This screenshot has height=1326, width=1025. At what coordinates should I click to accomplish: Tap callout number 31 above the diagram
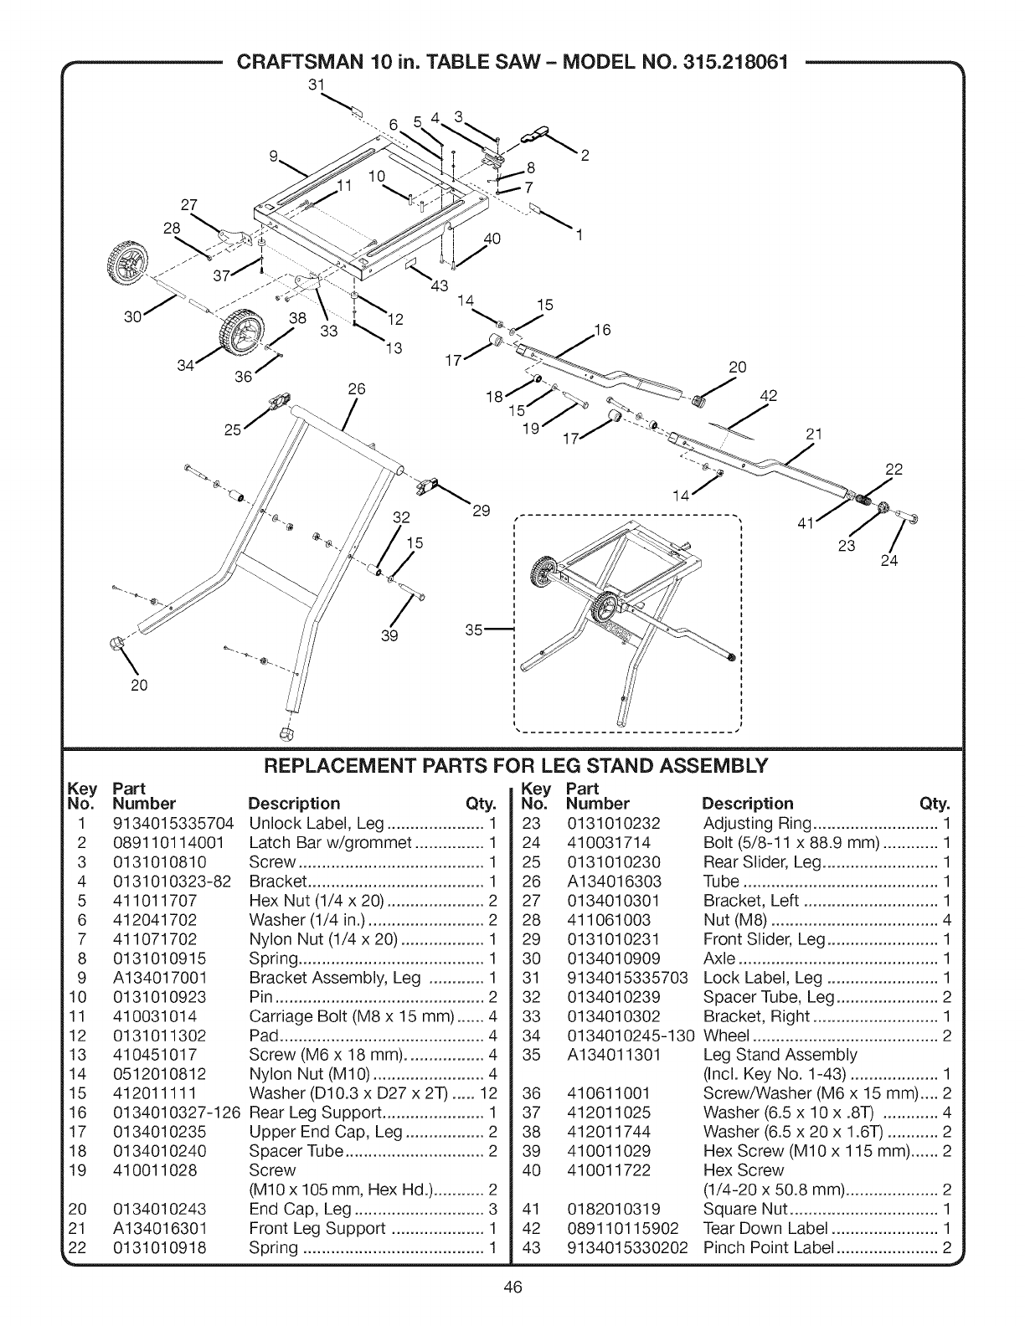pos(316,85)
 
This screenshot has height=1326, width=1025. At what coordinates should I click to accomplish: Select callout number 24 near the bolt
pos(889,561)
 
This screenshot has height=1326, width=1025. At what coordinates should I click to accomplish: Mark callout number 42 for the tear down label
pos(769,397)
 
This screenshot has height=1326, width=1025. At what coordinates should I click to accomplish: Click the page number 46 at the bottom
pos(513,1287)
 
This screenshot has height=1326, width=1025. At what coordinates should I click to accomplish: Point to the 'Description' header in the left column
pos(295,804)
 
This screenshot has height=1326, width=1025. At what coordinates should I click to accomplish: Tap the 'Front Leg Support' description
pos(317,1228)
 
